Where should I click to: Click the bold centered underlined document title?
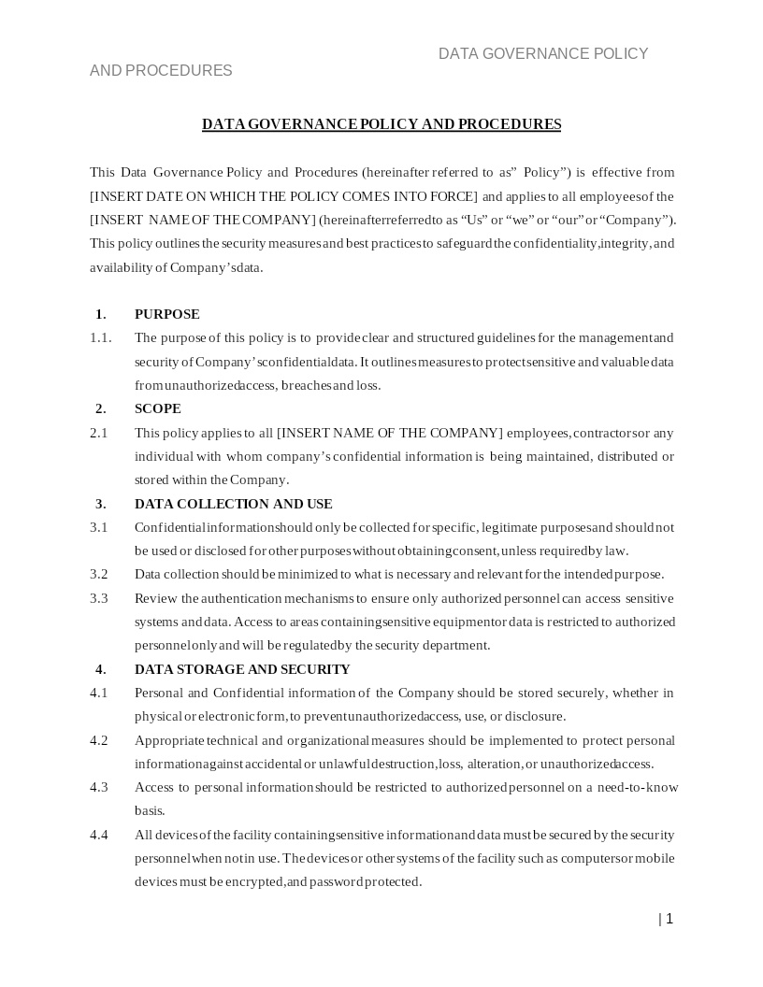pos(381,124)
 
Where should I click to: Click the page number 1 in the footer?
pos(669,919)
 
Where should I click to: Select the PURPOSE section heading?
pos(166,314)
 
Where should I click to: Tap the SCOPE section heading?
pos(157,408)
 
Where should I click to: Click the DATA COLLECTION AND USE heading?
pos(233,504)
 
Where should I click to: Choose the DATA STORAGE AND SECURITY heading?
pos(242,669)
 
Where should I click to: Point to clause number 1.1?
pos(100,337)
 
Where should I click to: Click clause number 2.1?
pos(99,433)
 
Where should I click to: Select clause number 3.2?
pos(99,574)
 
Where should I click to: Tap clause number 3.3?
pos(99,598)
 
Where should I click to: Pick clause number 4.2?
pos(99,740)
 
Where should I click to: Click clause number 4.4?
pos(99,835)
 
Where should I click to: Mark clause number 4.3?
pos(99,787)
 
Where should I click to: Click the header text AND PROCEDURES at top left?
pos(161,71)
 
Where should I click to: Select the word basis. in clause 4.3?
pos(150,810)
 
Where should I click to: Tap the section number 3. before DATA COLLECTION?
pos(100,504)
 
